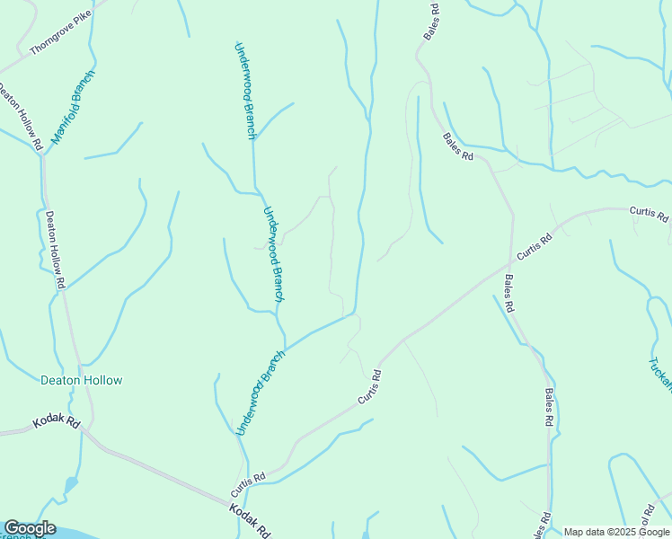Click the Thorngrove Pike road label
click(60, 35)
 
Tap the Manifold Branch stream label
click(72, 107)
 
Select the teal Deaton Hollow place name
click(82, 380)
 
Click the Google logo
click(30, 528)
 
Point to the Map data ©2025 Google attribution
click(616, 532)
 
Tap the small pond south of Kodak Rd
click(69, 486)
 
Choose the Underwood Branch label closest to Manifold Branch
click(244, 90)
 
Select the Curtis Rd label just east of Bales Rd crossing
click(534, 249)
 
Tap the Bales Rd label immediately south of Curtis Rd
click(508, 293)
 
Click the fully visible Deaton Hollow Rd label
click(56, 249)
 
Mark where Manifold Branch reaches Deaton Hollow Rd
click(42, 155)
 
